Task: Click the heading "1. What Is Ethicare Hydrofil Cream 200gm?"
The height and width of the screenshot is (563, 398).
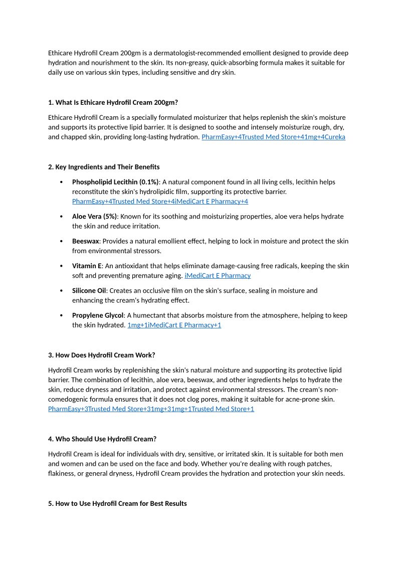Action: coord(113,102)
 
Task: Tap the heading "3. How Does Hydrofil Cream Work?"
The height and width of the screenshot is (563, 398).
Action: coord(102,355)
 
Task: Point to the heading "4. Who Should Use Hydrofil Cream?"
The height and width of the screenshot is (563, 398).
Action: coord(102,439)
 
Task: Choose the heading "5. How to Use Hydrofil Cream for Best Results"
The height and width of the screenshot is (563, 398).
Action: coord(117,503)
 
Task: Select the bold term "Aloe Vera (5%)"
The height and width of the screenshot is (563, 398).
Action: coord(94,217)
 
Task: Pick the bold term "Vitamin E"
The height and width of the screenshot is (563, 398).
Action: coord(87,266)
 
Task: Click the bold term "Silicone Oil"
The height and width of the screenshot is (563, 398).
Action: coord(89,290)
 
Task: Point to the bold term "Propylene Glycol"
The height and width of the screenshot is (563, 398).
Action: coord(98,315)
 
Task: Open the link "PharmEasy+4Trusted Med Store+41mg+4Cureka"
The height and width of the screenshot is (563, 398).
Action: coord(273,137)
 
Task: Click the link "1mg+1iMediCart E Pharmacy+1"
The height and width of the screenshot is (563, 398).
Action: coord(174,325)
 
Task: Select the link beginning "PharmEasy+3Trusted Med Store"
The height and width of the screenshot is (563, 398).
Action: coord(151,409)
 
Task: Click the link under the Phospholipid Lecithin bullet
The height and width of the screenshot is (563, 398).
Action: coord(160,202)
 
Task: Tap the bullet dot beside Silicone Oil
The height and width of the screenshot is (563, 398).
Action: coord(61,291)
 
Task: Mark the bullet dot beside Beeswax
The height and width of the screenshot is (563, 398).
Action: coord(61,242)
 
